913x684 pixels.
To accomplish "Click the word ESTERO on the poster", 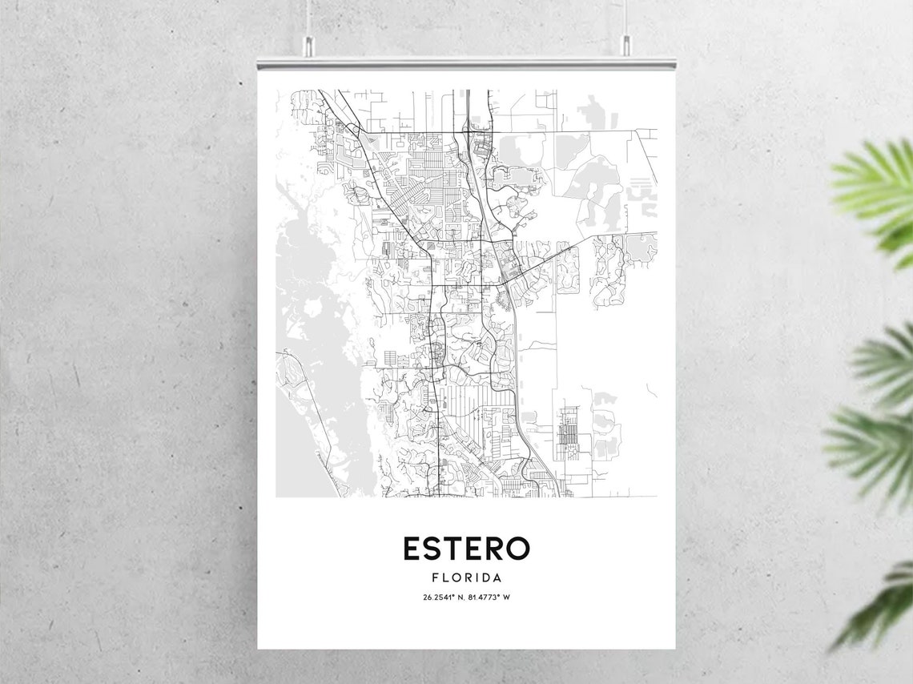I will point(465,549).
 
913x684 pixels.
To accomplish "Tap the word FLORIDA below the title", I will point(466,577).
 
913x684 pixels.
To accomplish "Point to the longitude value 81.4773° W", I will point(490,597).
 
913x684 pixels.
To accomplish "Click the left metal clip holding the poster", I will point(308,47).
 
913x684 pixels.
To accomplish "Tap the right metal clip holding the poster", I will point(625,47).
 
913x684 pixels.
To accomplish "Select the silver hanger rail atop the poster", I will point(466,62).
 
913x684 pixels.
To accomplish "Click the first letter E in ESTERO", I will point(412,549).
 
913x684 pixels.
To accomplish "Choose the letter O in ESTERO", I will point(517,549).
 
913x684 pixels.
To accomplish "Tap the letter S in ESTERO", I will point(432,549).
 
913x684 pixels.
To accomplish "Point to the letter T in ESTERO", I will point(452,549).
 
